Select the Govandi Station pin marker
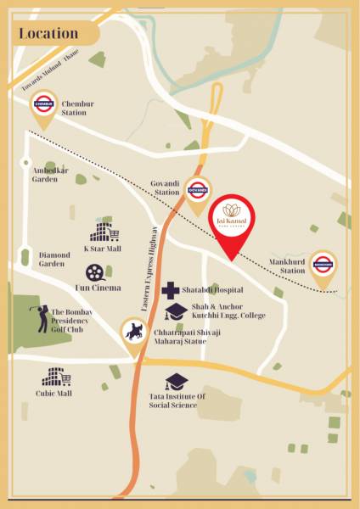coord(197,191)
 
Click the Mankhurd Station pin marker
coord(323,266)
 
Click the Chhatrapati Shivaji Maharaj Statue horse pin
coord(134,332)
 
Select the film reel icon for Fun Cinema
coord(95,272)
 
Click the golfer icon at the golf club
coord(40,318)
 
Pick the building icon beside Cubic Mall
coord(55,377)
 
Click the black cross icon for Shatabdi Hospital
coord(170,290)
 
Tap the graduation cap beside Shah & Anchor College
coord(176,311)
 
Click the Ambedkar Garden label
coord(50,175)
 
